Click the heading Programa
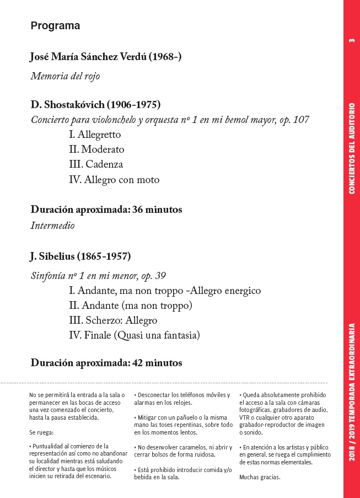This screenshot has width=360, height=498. pos(55,26)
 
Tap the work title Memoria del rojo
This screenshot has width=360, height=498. pos(65,76)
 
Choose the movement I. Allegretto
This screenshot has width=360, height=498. pos(95,135)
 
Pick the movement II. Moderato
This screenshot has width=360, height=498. pos(96,149)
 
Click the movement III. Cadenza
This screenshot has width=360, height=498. pos(96,164)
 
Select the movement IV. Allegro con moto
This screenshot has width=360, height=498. pos(114,179)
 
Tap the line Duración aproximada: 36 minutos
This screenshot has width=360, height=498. pos(106,210)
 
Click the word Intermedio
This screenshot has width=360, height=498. pos(52,225)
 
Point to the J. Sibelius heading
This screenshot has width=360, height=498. pos(80,256)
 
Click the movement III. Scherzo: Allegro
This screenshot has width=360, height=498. pos(113,320)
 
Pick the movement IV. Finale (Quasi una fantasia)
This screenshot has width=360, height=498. pos(134,335)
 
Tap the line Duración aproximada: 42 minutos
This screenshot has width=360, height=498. pos(106,363)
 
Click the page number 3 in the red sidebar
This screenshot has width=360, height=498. pos(352,40)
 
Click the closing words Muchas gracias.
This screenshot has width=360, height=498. pos(260,477)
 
